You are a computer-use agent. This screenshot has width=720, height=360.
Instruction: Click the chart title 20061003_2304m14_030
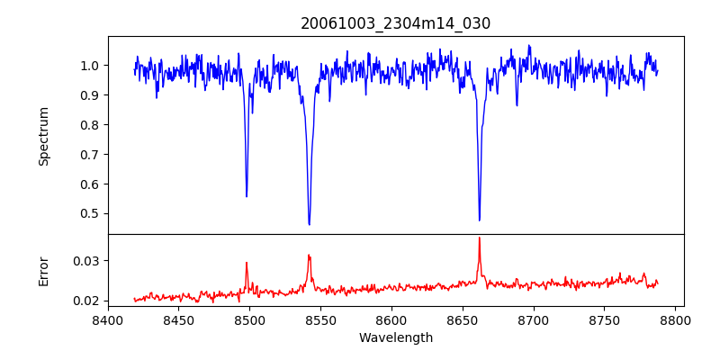tap(396, 23)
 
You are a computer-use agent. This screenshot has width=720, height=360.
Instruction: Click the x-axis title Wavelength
tap(396, 337)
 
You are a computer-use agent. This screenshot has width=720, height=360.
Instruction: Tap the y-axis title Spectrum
tap(44, 136)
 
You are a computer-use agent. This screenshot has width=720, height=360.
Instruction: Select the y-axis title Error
tap(44, 271)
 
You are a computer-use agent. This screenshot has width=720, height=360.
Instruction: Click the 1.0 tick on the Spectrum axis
tap(90, 66)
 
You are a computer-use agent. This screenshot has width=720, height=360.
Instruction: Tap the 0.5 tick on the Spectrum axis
tap(90, 213)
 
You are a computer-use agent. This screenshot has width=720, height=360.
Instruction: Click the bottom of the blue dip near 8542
tap(309, 224)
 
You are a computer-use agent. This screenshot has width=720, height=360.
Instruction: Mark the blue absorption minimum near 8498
tap(247, 196)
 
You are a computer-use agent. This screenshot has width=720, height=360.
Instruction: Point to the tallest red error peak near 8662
tap(479, 238)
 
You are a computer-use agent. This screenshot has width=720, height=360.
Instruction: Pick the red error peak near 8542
tap(309, 255)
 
